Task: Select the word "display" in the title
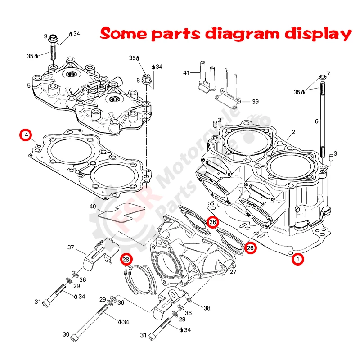point(320,34)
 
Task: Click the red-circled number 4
point(26,135)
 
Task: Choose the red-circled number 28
point(126,259)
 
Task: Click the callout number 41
point(187,73)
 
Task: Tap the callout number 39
point(255,102)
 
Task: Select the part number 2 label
point(293,132)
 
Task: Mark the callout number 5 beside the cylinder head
point(29,85)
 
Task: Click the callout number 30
point(66,334)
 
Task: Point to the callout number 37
point(71,247)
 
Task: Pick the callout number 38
point(207,308)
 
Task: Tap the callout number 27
point(233,272)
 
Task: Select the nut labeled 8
point(146,80)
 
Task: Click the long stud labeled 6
point(322,117)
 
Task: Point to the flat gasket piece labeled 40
point(121,212)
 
